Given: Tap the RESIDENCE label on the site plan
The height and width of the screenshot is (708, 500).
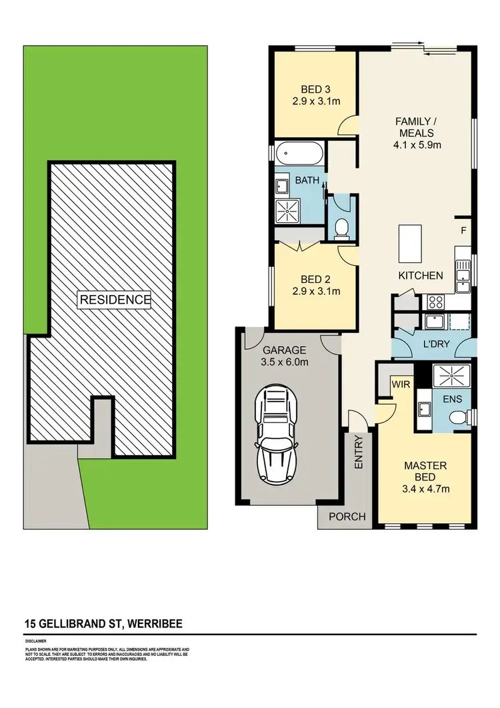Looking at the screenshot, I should (x=115, y=300).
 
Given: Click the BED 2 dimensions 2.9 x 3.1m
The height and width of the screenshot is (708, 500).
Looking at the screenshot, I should (x=316, y=291).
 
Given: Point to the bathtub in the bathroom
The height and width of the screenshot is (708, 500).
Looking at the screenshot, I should (x=300, y=155).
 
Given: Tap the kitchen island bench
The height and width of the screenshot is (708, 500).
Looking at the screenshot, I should (x=409, y=244).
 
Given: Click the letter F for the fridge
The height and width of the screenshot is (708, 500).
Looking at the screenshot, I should (x=463, y=230).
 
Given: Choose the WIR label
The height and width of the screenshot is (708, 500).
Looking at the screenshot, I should (x=401, y=384).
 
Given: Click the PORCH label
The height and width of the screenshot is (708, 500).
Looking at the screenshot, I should (x=347, y=516).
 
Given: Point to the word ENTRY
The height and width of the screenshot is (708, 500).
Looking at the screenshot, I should (x=359, y=451).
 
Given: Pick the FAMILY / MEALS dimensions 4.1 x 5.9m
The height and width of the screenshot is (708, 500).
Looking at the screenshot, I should (x=415, y=144).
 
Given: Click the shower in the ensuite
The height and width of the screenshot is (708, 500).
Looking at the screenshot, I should (x=453, y=376).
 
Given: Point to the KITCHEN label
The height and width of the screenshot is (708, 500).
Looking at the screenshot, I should (x=421, y=275).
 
